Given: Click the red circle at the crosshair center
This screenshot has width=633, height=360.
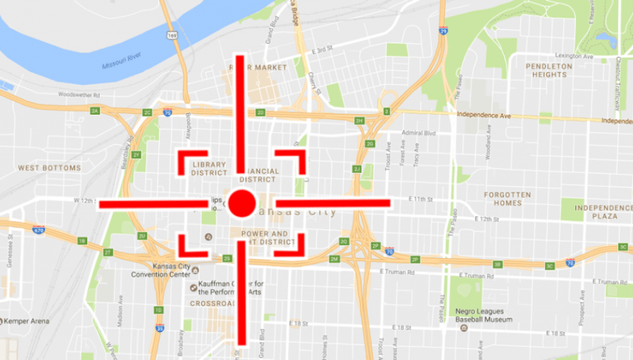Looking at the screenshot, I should pos(241,203).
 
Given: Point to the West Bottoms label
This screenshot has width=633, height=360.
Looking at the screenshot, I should pos(49,168).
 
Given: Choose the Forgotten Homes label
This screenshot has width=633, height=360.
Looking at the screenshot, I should pos(508,199).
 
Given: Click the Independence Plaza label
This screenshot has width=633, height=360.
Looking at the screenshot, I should pos(603,212).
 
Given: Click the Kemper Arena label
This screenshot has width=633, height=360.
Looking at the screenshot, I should pos(28,321).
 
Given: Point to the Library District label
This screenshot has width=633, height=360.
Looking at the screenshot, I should pos(209,168).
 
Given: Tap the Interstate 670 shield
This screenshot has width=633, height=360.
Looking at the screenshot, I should pos(38,229).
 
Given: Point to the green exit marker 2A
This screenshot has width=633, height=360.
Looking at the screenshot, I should pos(95,111).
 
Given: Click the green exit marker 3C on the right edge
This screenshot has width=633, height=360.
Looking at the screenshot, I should pos(622,247).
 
